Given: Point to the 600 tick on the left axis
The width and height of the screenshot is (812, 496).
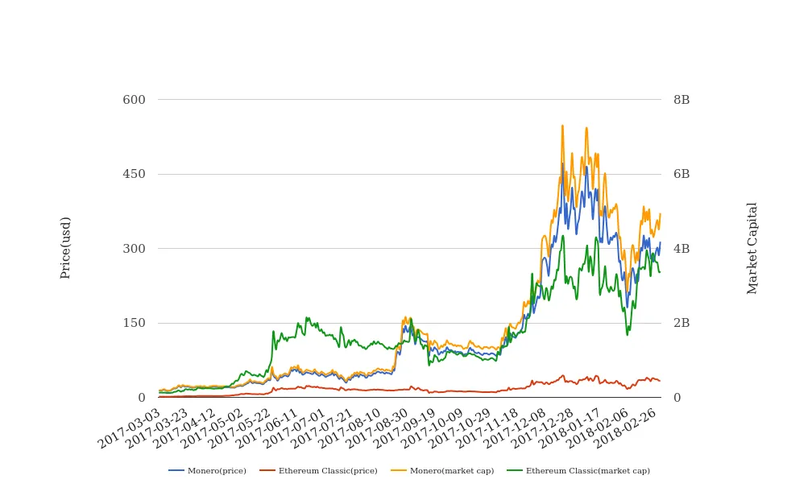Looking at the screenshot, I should coord(134,100).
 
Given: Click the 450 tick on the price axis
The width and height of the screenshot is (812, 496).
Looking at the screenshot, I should coord(134,174).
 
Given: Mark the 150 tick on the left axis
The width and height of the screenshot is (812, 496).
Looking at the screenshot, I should coord(134,323).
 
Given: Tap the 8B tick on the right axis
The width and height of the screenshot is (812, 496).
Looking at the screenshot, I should coord(681,100).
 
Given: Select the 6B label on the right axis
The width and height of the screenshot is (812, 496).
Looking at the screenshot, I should coord(681,174).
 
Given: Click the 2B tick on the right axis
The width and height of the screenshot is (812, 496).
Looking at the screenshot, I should coord(681,323).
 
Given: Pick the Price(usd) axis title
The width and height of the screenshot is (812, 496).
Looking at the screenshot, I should coord(66,248).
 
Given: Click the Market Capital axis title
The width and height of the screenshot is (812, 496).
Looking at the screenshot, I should coord(752,248).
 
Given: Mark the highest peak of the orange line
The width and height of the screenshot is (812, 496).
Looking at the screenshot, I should coord(562,126).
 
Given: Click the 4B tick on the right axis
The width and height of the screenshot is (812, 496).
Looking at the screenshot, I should coord(681,249).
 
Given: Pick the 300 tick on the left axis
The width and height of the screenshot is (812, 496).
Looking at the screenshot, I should coord(134,249).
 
